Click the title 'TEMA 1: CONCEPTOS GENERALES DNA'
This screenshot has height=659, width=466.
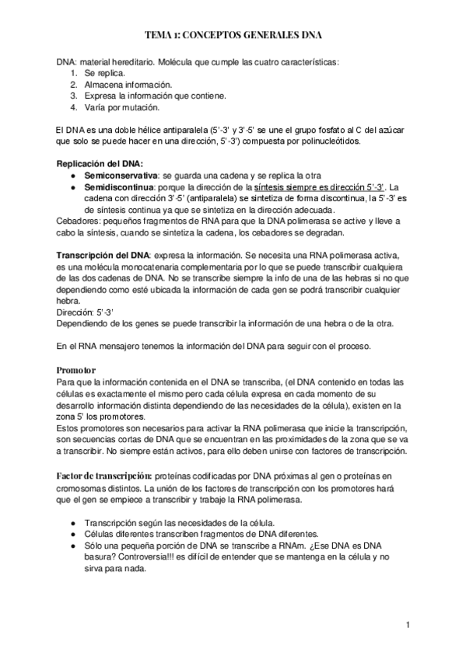233,35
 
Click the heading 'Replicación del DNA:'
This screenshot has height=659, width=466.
96,164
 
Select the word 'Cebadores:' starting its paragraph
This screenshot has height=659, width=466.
76,221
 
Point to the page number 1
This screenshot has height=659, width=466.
408,624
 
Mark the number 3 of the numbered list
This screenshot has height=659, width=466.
72,95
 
